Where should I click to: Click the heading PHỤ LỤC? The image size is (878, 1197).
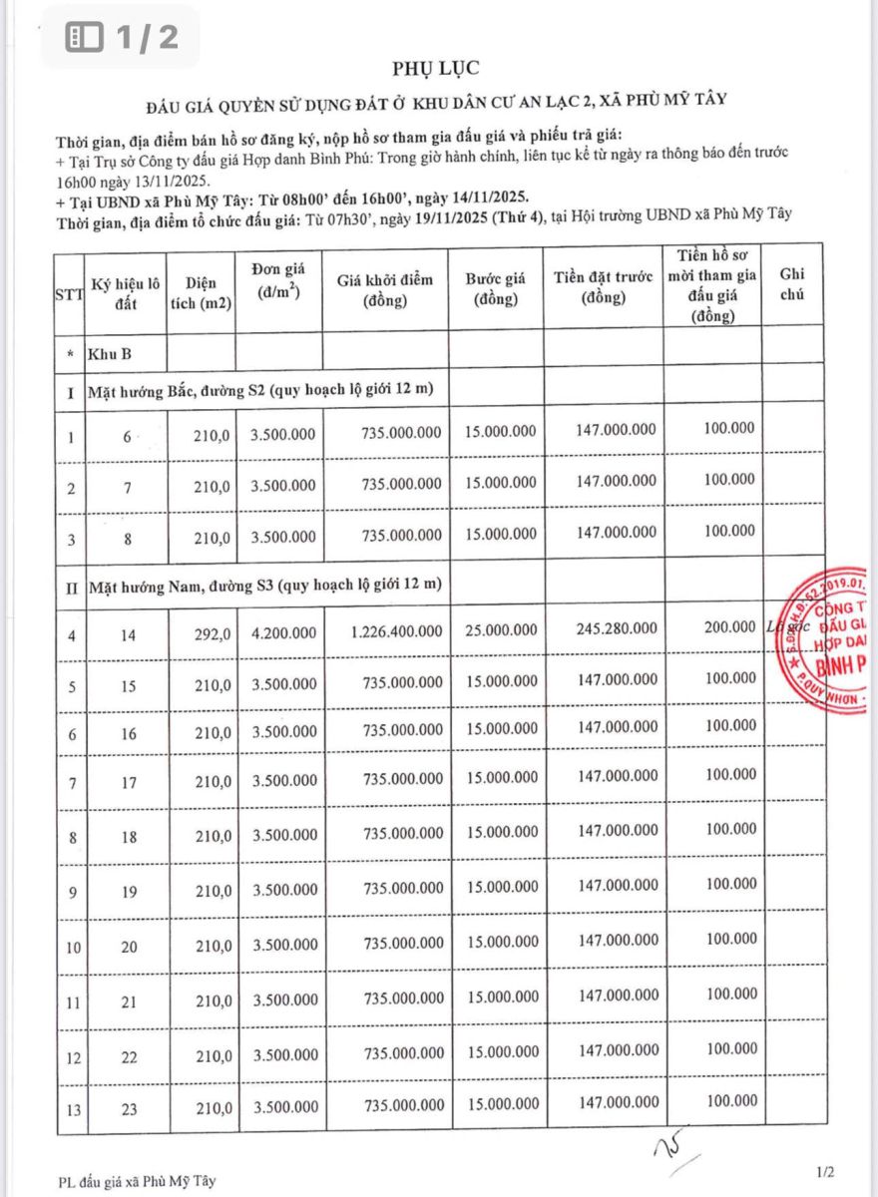point(437,68)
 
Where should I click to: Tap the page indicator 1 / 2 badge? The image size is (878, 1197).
point(123,38)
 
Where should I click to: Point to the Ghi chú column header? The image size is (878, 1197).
point(793,284)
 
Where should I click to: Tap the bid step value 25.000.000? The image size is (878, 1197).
point(500,630)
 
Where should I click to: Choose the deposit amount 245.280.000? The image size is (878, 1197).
point(617,628)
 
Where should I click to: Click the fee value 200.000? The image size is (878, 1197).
point(728,626)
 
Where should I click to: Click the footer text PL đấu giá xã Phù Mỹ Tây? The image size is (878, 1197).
point(137,1182)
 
